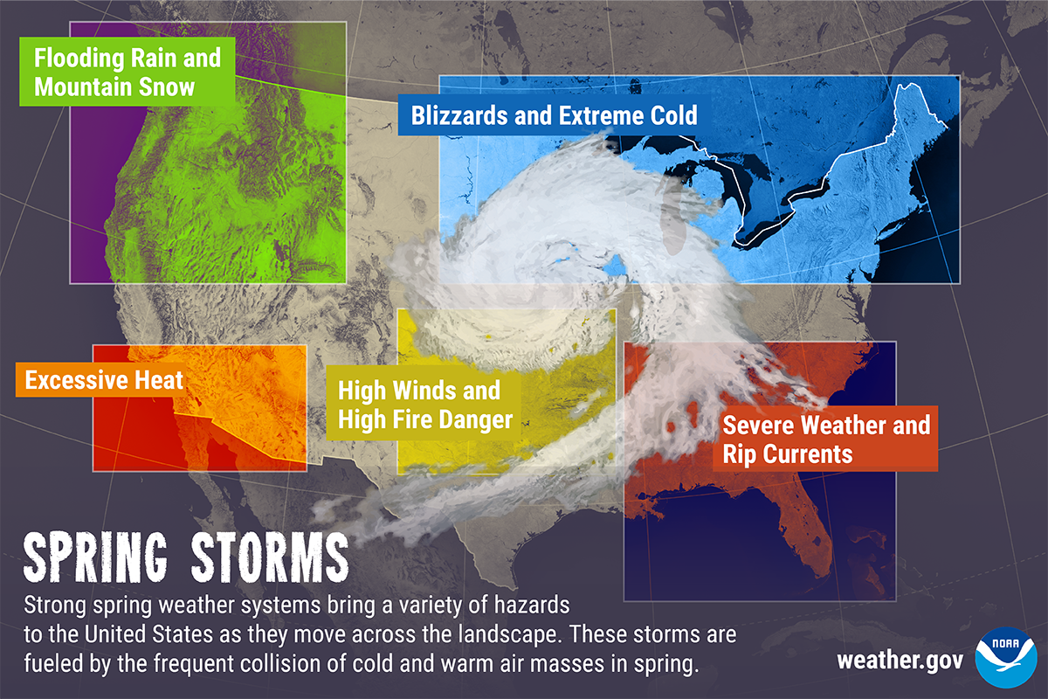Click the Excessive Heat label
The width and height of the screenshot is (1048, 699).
pyautogui.click(x=104, y=381)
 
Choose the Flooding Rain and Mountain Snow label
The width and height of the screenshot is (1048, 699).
pyautogui.click(x=127, y=73)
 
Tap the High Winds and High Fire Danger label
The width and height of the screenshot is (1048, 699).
pyautogui.click(x=424, y=405)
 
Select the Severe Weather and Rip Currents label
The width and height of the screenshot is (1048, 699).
pyautogui.click(x=825, y=439)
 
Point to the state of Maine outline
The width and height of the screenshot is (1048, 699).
pyautogui.click(x=908, y=131)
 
